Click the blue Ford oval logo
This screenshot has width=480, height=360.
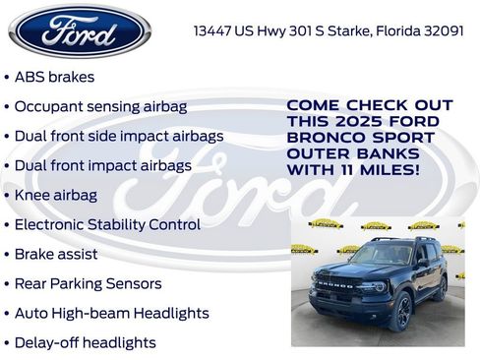point(80,30)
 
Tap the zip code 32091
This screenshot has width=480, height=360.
point(442,30)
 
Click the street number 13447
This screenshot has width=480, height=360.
point(215,30)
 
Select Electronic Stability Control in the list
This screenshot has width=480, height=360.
point(107,224)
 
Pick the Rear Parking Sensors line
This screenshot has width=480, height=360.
point(88,283)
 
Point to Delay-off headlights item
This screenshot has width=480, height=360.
point(85,342)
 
